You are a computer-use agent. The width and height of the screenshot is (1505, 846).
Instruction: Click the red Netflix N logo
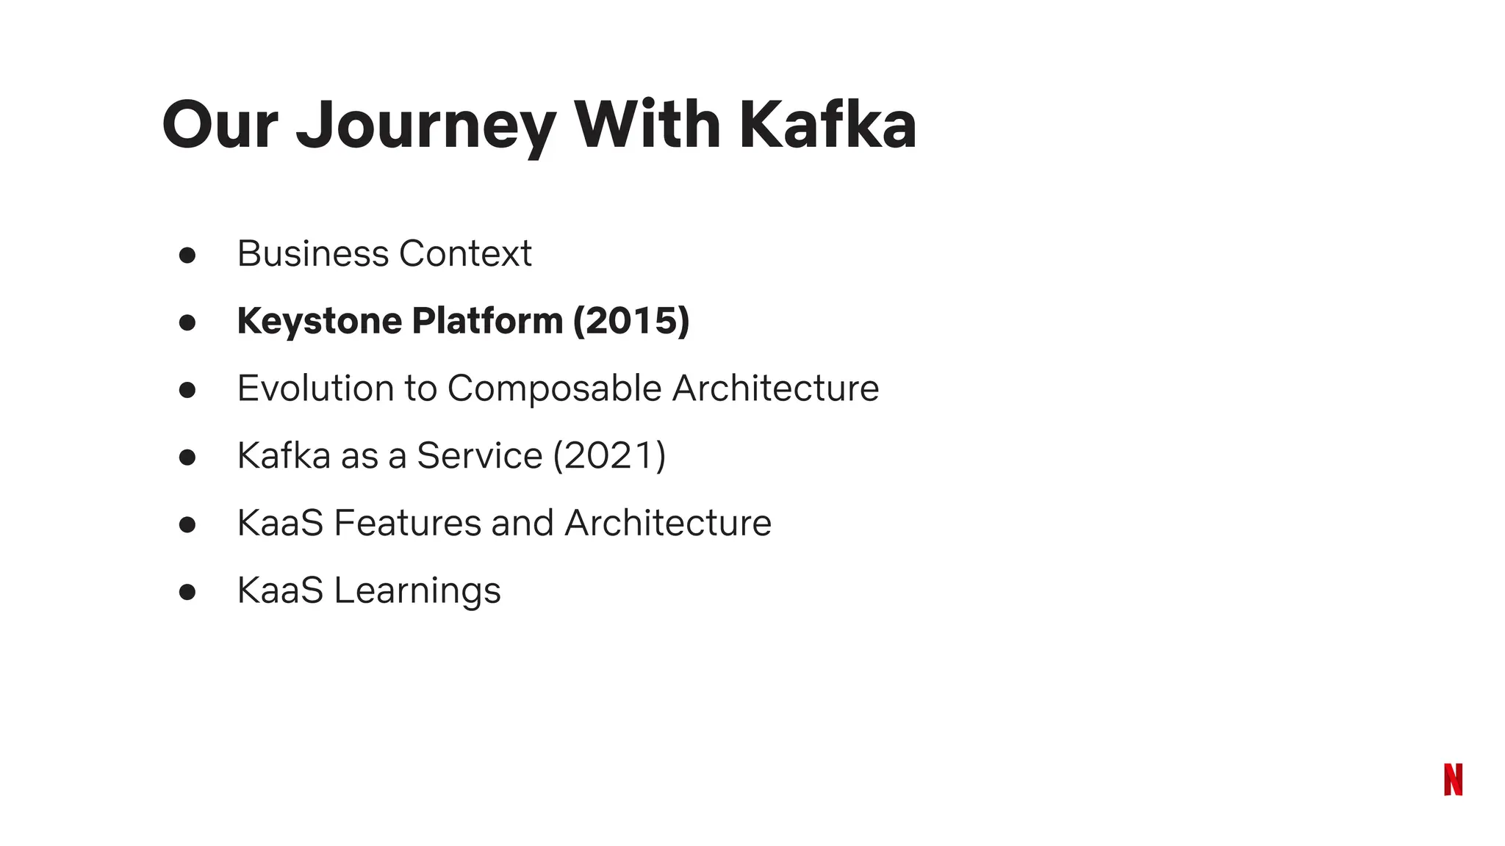(x=1453, y=779)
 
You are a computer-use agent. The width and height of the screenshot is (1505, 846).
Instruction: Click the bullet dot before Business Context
(x=187, y=255)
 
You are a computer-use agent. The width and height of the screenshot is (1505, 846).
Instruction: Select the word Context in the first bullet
(x=465, y=253)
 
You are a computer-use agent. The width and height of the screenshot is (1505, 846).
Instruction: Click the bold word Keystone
(x=320, y=321)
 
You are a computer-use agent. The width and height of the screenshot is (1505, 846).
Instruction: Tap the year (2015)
(x=631, y=321)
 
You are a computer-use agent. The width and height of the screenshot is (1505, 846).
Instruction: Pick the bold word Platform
(x=487, y=321)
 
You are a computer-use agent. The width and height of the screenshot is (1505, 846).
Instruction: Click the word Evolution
(x=315, y=388)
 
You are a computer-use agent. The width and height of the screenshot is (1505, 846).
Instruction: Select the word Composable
(x=554, y=388)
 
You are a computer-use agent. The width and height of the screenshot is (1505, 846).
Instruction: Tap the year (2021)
(x=609, y=455)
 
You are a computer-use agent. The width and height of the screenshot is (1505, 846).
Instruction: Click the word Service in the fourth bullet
(x=479, y=455)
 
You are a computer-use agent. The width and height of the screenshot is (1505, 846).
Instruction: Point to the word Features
(x=407, y=523)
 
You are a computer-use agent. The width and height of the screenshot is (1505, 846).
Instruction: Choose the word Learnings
(x=417, y=591)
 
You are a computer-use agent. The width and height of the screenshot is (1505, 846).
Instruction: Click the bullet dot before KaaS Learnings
(x=187, y=592)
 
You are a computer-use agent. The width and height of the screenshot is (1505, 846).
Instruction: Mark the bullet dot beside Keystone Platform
(x=187, y=322)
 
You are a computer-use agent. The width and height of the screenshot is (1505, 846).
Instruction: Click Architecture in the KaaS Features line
(x=668, y=523)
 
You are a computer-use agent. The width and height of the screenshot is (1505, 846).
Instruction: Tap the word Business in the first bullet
(x=313, y=253)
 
